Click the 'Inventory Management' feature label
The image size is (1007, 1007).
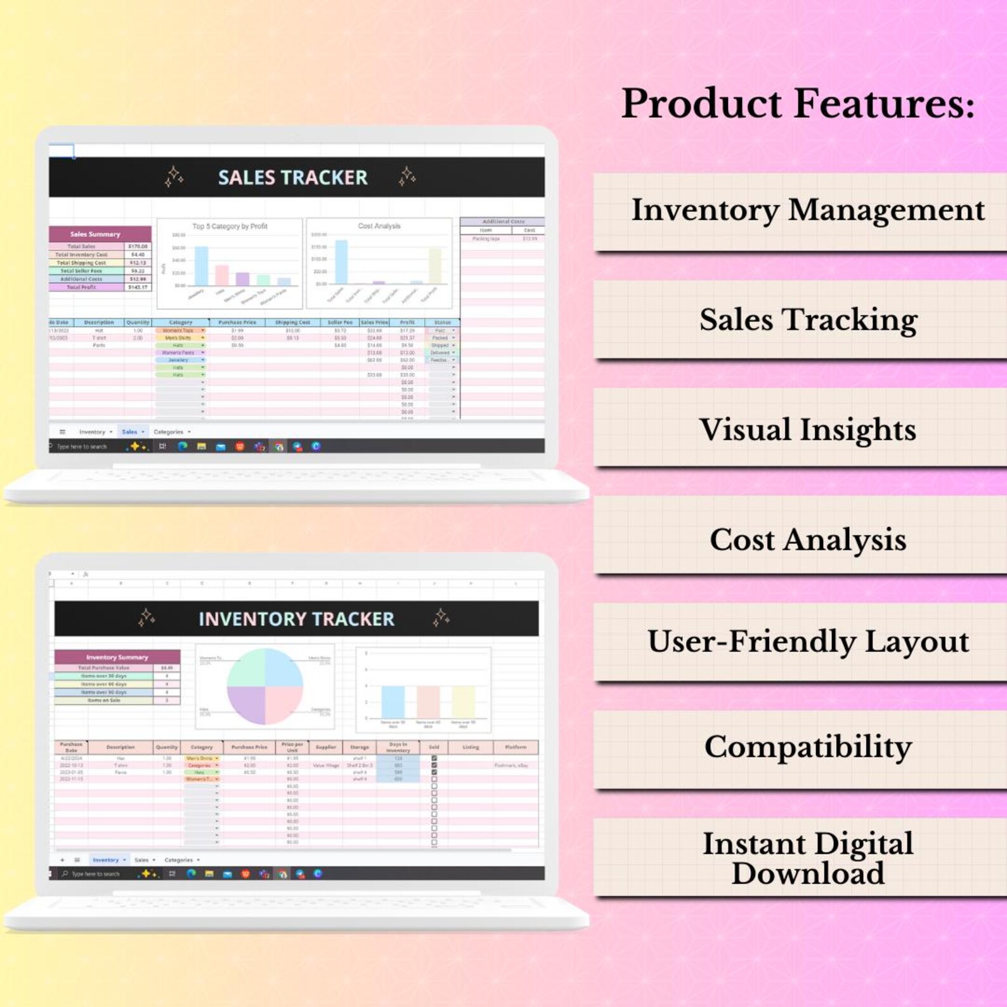(x=807, y=211)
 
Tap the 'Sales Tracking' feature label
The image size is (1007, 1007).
(x=808, y=320)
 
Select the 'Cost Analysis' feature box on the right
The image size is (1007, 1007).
(x=807, y=540)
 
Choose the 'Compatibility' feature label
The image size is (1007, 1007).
(x=807, y=747)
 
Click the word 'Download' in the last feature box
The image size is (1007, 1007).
(x=807, y=874)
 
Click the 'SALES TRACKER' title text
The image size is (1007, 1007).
(x=292, y=178)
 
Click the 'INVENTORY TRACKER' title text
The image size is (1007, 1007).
(x=296, y=619)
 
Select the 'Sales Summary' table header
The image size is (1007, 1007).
(x=95, y=234)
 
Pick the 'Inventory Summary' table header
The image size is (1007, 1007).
(x=117, y=657)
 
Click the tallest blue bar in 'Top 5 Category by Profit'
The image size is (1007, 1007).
(x=201, y=266)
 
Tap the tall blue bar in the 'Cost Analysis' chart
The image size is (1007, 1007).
(x=341, y=261)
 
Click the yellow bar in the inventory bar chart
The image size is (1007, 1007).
(x=463, y=702)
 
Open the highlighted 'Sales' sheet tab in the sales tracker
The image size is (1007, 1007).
(x=130, y=432)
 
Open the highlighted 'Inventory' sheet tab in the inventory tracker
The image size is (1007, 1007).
(x=106, y=860)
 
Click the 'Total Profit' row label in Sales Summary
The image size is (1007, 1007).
(x=82, y=287)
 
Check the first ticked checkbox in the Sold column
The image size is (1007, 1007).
(x=434, y=758)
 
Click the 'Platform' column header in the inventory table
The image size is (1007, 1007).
(x=516, y=747)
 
